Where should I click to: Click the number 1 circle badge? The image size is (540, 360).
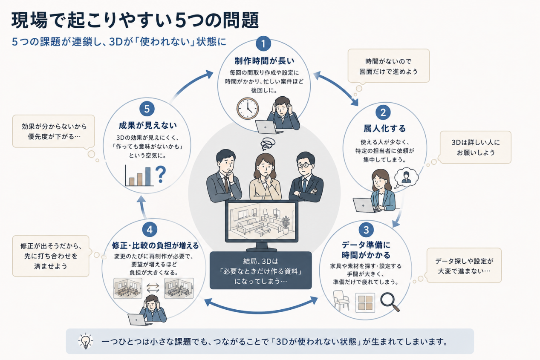263,43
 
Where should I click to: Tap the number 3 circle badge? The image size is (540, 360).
366,230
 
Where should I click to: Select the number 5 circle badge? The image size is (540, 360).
147,109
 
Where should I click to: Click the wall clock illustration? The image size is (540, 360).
248,109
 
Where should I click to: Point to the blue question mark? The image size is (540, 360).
161,174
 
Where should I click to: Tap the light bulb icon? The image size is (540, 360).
86,341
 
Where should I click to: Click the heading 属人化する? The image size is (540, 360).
384,128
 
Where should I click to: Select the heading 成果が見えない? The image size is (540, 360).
148,125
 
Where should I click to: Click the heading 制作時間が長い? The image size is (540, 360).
264,61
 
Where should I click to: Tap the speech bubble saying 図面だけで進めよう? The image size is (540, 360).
388,66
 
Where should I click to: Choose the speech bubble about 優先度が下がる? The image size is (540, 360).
54,131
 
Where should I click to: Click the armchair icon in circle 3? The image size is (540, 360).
341,300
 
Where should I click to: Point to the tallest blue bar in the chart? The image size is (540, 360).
148,176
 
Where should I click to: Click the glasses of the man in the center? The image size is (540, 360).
304,165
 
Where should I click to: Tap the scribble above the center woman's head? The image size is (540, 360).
268,144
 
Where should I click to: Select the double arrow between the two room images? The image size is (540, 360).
153,288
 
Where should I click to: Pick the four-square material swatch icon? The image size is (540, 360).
365,302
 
